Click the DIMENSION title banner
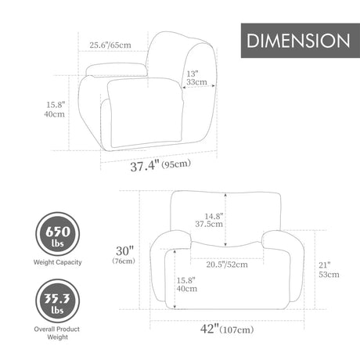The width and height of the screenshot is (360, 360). (301, 41)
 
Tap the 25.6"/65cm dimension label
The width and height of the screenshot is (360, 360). (110, 45)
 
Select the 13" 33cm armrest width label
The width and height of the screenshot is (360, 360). (196, 78)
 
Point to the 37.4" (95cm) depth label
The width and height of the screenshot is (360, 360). (160, 165)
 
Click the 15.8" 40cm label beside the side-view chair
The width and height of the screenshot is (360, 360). (55, 110)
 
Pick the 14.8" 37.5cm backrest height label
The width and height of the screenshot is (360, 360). (209, 220)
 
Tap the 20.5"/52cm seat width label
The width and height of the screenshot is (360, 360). (227, 265)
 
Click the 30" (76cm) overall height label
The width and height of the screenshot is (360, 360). (124, 254)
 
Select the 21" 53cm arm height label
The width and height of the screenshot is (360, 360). (329, 270)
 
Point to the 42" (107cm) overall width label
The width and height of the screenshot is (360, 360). (227, 329)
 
